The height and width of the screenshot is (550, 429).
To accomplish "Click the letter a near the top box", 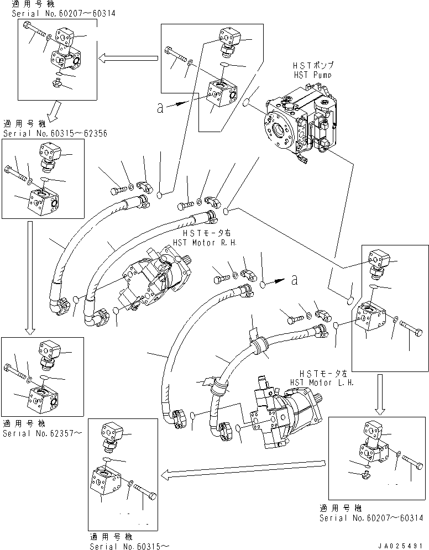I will pyautogui.click(x=160, y=108).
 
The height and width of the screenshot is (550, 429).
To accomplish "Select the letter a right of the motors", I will pyautogui.click(x=295, y=280).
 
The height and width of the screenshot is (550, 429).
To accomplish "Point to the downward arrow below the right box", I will pyautogui.click(x=380, y=395).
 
